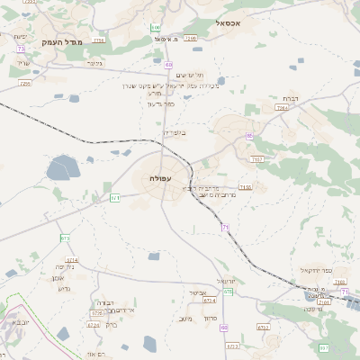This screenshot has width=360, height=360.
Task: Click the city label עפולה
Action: coord(148,178)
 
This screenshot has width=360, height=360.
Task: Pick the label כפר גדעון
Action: coord(159,103)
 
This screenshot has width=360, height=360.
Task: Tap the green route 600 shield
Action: coord(156,29)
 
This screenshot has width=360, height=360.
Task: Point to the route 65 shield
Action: coord(249,135)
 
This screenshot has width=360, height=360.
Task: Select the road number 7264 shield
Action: coord(282,107)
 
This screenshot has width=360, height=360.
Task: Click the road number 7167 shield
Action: coord(257,159)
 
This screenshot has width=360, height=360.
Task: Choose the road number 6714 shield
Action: coord(72,259)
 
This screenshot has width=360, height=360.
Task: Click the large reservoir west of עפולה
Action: coord(63,168)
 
